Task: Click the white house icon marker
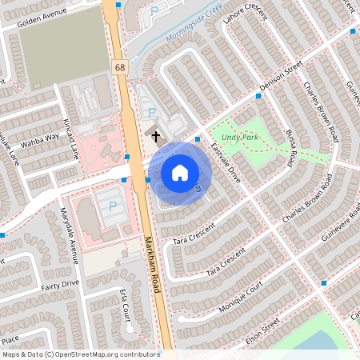point(180,172)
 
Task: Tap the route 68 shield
point(120,70)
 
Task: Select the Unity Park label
point(240,138)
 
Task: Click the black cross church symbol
point(155,137)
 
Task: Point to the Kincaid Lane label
point(71,136)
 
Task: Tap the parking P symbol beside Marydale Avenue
point(112,206)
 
